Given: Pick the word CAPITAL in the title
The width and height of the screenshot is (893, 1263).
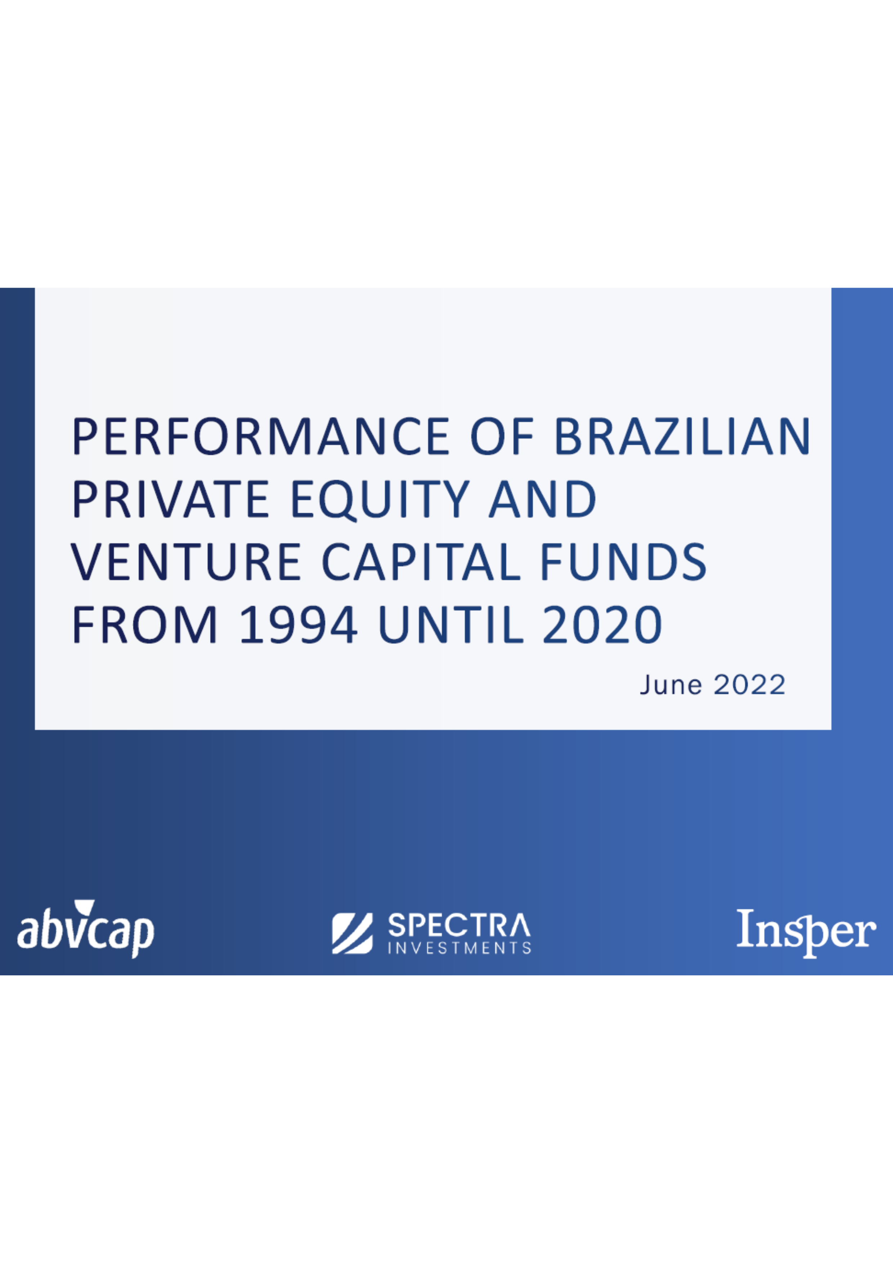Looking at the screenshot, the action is coord(421,562).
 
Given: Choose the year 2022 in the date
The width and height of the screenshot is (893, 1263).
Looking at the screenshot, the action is coord(749,685).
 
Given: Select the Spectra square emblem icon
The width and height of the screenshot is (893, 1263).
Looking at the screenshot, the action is coord(353,934).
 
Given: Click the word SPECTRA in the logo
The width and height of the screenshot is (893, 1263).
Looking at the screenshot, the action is coord(459,925).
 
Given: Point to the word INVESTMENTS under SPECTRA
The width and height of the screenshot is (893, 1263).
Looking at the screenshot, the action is coord(459,948).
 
